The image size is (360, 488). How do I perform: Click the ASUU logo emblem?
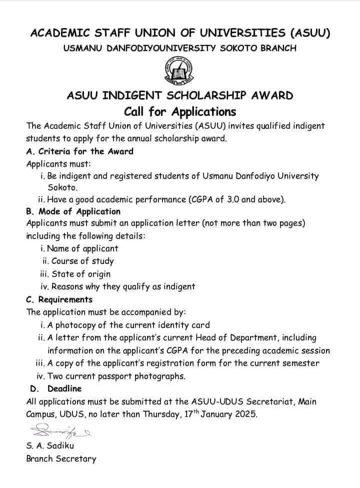tap(180, 71)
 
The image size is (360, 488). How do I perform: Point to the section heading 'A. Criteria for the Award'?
tap(80, 151)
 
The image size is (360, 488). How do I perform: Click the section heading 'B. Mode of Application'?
tap(73, 211)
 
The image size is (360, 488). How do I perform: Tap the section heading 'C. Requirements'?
tap(59, 299)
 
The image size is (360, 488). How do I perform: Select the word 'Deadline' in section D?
tap(64, 388)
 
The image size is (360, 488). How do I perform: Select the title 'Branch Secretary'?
tap(61, 458)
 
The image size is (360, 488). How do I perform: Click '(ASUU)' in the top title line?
tap(309, 33)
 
